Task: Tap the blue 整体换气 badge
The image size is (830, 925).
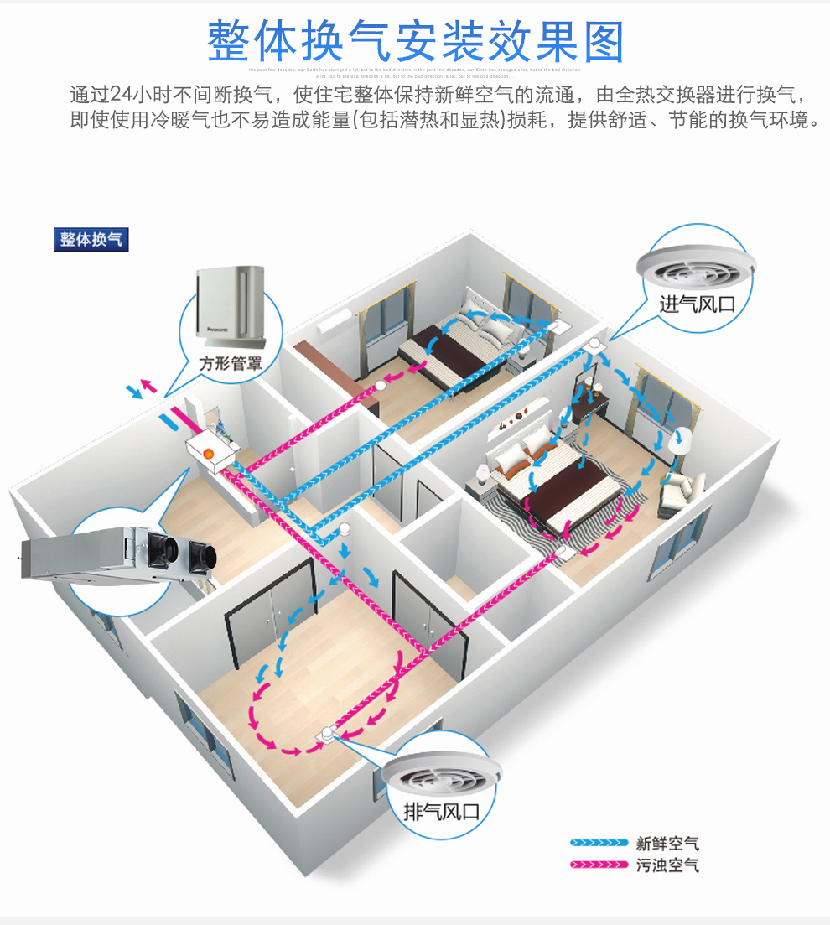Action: [91, 239]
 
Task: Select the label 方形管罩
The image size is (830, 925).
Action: [230, 364]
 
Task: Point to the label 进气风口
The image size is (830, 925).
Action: [697, 304]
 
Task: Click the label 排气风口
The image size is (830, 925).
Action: [441, 811]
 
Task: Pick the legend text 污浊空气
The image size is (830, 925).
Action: [667, 865]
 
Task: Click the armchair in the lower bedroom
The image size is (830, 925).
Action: [681, 493]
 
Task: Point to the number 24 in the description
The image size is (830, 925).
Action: [121, 93]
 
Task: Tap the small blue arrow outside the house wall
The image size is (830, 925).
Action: [132, 392]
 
